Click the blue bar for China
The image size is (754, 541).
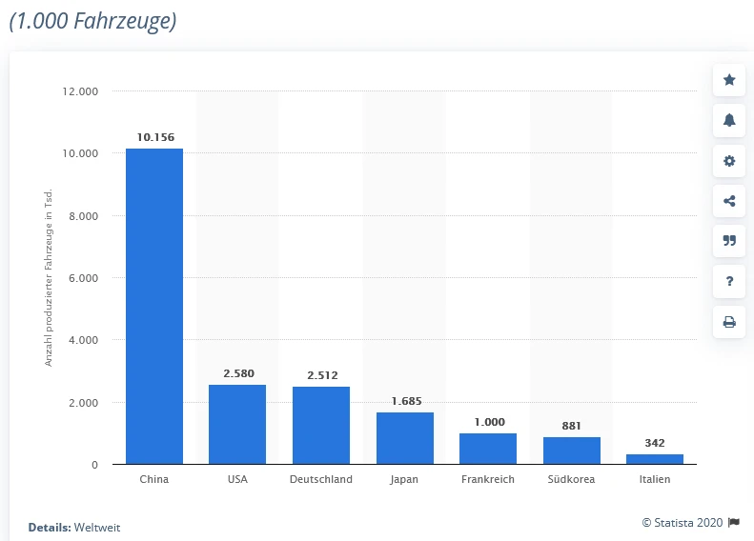coord(153,306)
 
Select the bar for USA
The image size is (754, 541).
coord(237,424)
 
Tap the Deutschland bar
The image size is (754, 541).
coord(321,425)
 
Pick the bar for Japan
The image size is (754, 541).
coord(404,438)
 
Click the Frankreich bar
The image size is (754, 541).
coord(488,449)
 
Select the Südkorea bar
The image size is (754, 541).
coord(572,451)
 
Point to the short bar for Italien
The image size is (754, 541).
coord(655,459)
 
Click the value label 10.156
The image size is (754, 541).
coord(155,138)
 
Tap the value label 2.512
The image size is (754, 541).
coord(322,375)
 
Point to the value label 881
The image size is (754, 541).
coord(572,426)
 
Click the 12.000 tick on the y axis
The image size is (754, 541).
coord(81,91)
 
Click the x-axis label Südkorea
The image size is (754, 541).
coord(572,479)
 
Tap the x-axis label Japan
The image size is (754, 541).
coord(404,479)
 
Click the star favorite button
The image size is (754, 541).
coord(729,80)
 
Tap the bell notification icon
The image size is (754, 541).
coord(729,120)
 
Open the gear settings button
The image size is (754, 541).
coord(729,161)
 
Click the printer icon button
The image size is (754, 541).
coord(729,322)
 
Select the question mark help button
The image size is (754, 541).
coord(729,281)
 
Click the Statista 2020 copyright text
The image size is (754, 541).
coord(683,522)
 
